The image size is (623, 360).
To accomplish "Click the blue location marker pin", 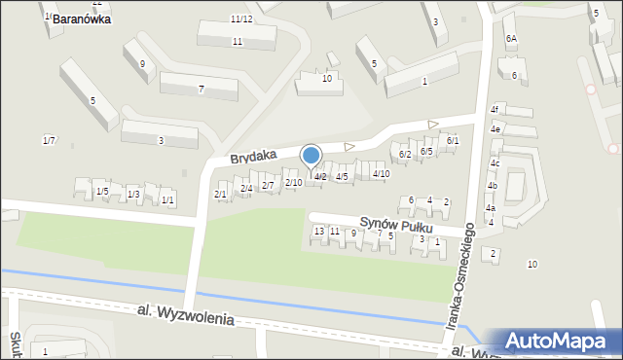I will point(311,156).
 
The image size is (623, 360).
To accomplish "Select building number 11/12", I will point(241,19).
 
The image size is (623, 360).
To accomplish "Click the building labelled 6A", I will point(511,38).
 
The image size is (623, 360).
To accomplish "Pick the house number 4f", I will point(495,109).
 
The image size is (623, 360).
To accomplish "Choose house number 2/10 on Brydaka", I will point(293,183).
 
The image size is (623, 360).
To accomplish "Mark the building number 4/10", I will point(382,173).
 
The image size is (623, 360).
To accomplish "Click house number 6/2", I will point(405,154).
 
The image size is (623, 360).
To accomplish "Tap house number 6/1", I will point(452,141).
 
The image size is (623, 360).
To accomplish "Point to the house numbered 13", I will point(318,231).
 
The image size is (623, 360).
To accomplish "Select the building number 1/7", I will point(49,141).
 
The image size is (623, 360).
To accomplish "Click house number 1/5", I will point(102,192).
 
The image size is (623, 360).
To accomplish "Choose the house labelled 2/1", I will point(220,195).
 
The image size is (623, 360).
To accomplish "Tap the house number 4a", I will point(491,208).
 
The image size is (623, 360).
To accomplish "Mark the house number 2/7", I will point(268,185).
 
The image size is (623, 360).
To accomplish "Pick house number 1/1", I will point(167,200).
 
